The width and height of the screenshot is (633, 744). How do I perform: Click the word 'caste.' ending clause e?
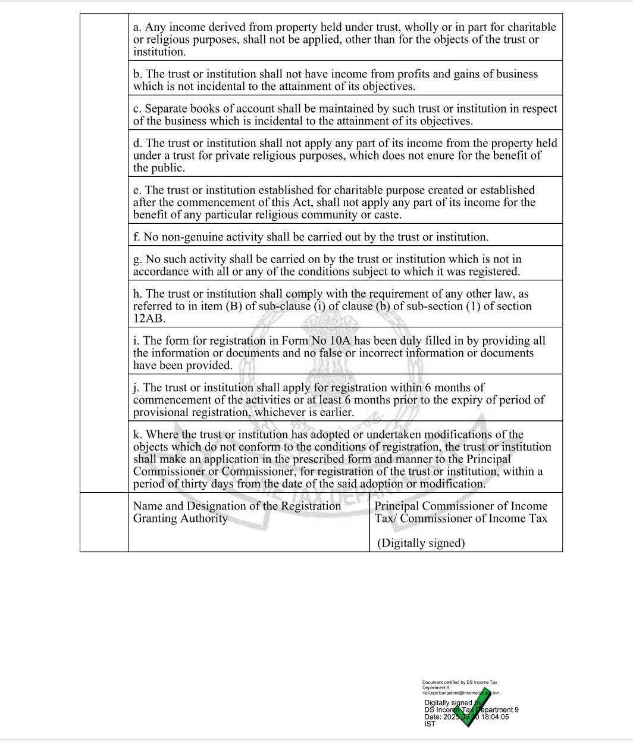[387, 215]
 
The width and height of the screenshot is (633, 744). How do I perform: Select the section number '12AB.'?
[149, 318]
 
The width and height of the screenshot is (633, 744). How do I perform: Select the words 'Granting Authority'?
[180, 518]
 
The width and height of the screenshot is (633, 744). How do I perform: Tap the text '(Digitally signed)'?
[421, 543]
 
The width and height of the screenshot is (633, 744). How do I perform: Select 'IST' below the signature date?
[430, 724]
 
